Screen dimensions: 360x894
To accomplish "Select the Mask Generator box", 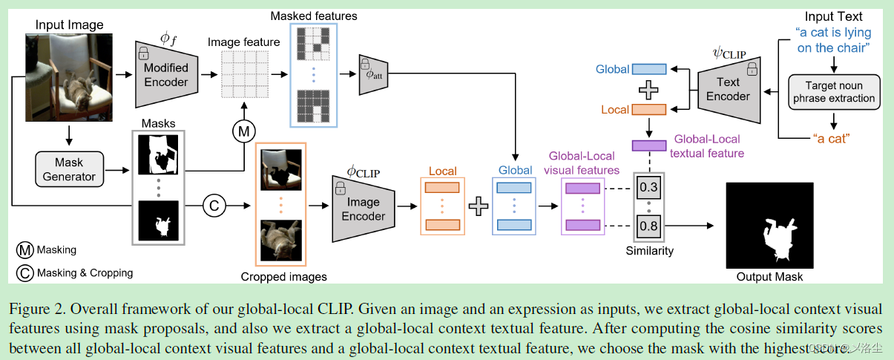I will (x=68, y=168).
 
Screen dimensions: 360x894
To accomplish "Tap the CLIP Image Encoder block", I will (x=363, y=209).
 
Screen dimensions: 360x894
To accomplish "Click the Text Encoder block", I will (x=727, y=89).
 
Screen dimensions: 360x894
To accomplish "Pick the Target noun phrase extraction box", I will (x=835, y=92).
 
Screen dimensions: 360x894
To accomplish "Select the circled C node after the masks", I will (x=214, y=206).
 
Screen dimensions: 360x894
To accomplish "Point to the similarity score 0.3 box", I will (x=648, y=186).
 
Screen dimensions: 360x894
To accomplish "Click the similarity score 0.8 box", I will (x=648, y=225).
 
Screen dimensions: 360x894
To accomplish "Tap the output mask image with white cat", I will (x=769, y=226).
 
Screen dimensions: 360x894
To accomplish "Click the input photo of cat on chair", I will (x=69, y=77).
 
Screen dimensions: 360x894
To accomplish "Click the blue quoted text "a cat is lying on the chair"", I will (x=833, y=40).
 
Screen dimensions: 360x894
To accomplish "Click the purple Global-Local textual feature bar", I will (x=648, y=145).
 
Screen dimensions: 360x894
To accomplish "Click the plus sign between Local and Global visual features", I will (x=479, y=206).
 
